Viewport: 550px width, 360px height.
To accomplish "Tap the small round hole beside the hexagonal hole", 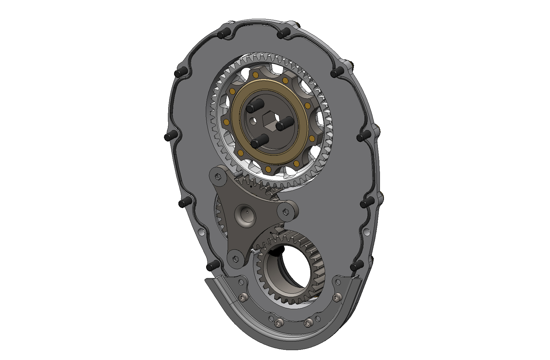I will click(x=253, y=121).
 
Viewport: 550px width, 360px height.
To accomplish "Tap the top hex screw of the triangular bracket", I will click(x=218, y=177).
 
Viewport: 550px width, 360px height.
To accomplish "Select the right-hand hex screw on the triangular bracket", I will click(x=286, y=212).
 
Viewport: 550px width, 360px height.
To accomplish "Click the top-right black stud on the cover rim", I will click(x=283, y=33).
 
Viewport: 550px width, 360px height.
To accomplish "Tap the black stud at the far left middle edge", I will click(x=170, y=136).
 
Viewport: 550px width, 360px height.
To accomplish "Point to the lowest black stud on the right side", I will click(x=356, y=266).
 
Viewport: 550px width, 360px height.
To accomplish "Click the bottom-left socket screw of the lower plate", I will click(x=278, y=323).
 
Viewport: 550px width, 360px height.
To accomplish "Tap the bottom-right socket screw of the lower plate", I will click(x=308, y=323).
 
